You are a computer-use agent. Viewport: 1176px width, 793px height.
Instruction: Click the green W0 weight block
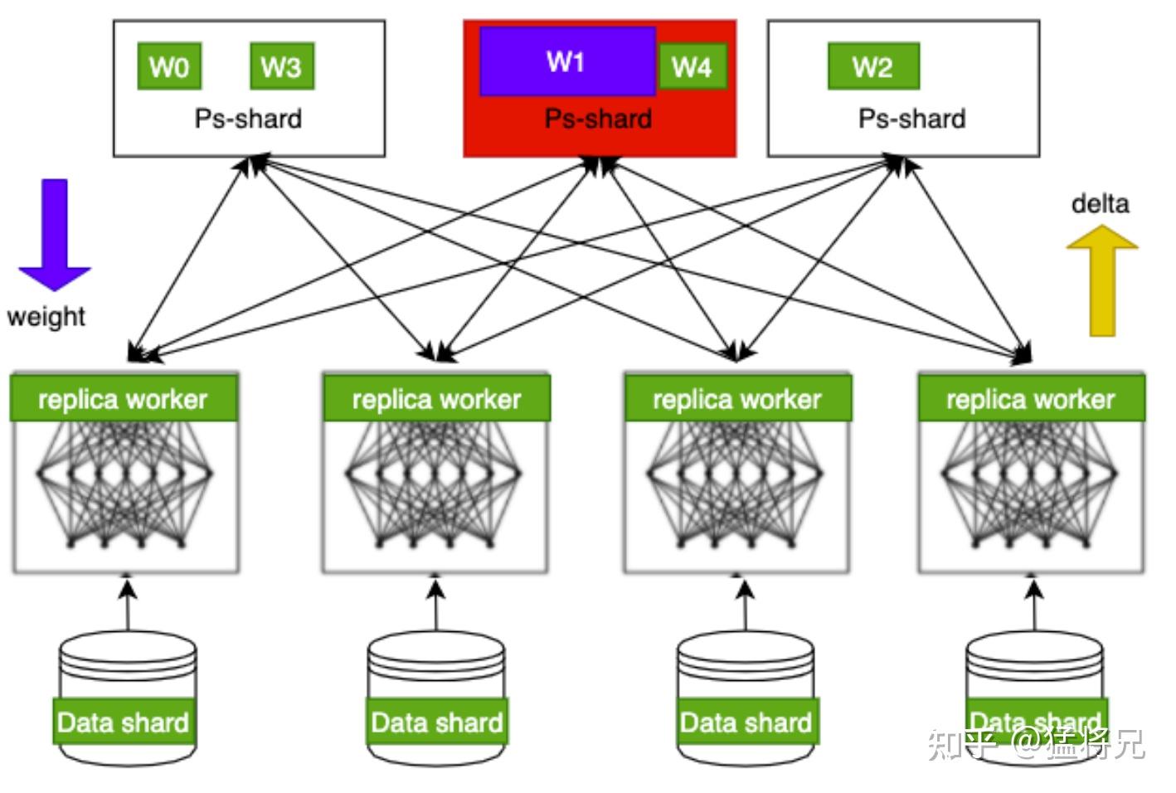169,66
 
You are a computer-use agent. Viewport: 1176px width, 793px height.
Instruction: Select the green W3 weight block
281,66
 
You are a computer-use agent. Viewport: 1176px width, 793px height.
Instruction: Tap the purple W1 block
567,61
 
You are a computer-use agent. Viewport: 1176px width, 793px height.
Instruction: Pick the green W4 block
692,66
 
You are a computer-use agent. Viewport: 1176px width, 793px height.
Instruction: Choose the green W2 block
873,66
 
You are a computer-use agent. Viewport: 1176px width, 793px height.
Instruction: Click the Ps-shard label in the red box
598,119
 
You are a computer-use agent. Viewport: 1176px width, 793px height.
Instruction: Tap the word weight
46,316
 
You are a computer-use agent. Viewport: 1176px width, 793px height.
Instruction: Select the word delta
1100,203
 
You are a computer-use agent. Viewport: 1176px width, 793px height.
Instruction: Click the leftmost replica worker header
124,399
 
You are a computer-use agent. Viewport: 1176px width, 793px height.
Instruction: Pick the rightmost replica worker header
1031,399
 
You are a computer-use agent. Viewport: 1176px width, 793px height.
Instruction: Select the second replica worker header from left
436,399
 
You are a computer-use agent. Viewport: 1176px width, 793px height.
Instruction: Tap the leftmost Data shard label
124,722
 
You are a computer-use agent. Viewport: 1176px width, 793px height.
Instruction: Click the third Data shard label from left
746,722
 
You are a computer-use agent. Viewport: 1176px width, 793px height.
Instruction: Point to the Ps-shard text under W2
911,119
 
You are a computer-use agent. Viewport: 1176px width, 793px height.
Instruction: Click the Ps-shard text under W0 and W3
248,119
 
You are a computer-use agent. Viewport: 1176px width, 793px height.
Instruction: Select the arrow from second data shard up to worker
436,606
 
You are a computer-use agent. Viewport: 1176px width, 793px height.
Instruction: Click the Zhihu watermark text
1037,743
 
